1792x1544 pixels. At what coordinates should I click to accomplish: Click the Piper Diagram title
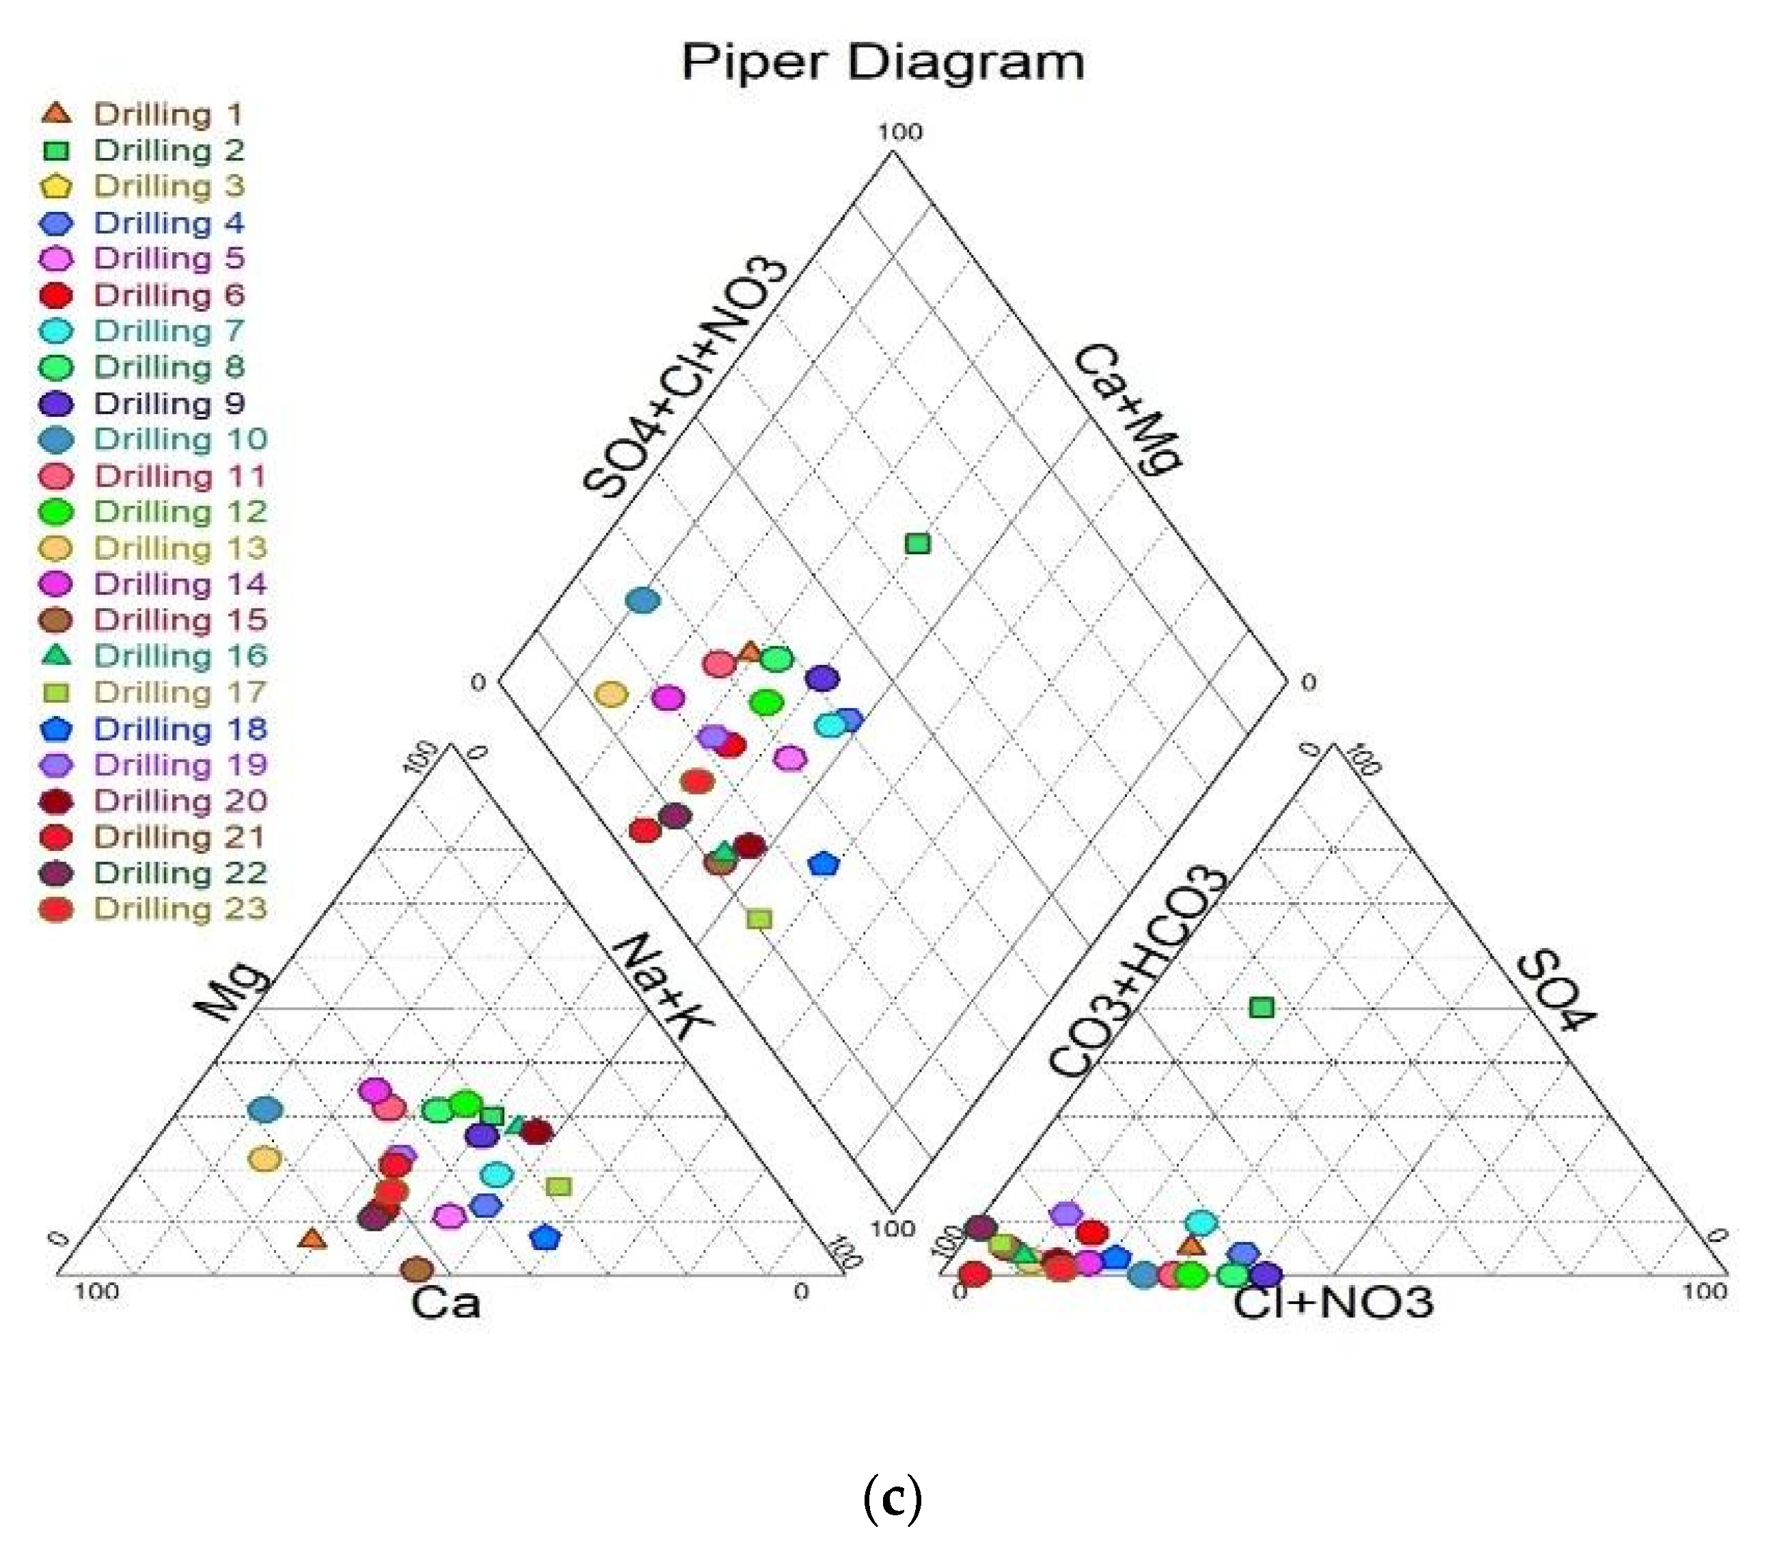[x=882, y=63]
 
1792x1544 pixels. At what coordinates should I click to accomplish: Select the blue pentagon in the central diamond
[x=824, y=863]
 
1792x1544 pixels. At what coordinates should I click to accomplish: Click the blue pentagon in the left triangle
[x=545, y=1238]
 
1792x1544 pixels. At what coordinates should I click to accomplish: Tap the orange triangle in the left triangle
[x=312, y=1240]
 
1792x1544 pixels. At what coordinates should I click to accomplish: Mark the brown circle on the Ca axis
[x=417, y=1269]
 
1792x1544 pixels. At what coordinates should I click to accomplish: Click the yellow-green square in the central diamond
[x=759, y=919]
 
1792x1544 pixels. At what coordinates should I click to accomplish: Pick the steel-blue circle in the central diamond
[x=642, y=599]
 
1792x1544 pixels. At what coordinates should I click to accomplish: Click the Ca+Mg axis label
[x=1128, y=408]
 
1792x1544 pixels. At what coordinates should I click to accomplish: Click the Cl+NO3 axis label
[x=1333, y=1303]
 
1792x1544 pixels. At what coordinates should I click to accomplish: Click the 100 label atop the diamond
[x=900, y=133]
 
